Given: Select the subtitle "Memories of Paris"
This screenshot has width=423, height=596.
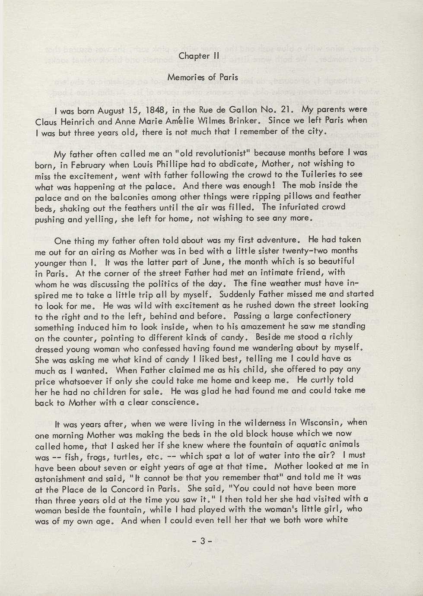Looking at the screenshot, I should tap(203, 77).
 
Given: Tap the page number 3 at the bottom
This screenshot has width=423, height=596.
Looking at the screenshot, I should tap(201, 540).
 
